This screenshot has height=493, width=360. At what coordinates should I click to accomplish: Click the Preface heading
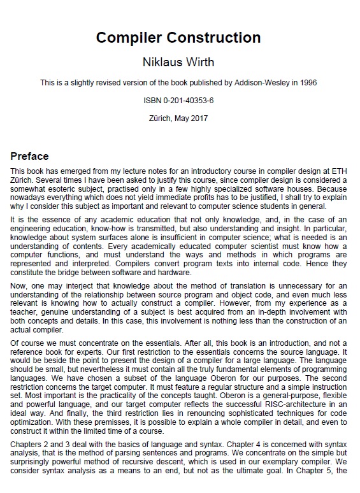pos(29,157)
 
